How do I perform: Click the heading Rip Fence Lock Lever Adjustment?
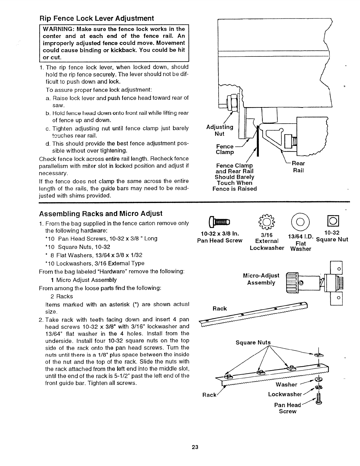point(97,19)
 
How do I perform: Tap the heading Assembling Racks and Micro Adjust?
point(101,213)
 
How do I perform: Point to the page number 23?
point(195,447)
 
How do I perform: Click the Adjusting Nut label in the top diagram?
point(220,130)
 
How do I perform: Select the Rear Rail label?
point(298,167)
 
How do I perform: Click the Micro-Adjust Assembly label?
point(261,279)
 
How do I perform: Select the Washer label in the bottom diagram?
point(286,385)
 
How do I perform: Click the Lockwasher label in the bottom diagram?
point(285,394)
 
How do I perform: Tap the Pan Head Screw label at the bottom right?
point(287,408)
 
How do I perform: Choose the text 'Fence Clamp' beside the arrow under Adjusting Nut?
point(225,149)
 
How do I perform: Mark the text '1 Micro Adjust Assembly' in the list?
point(84,280)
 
